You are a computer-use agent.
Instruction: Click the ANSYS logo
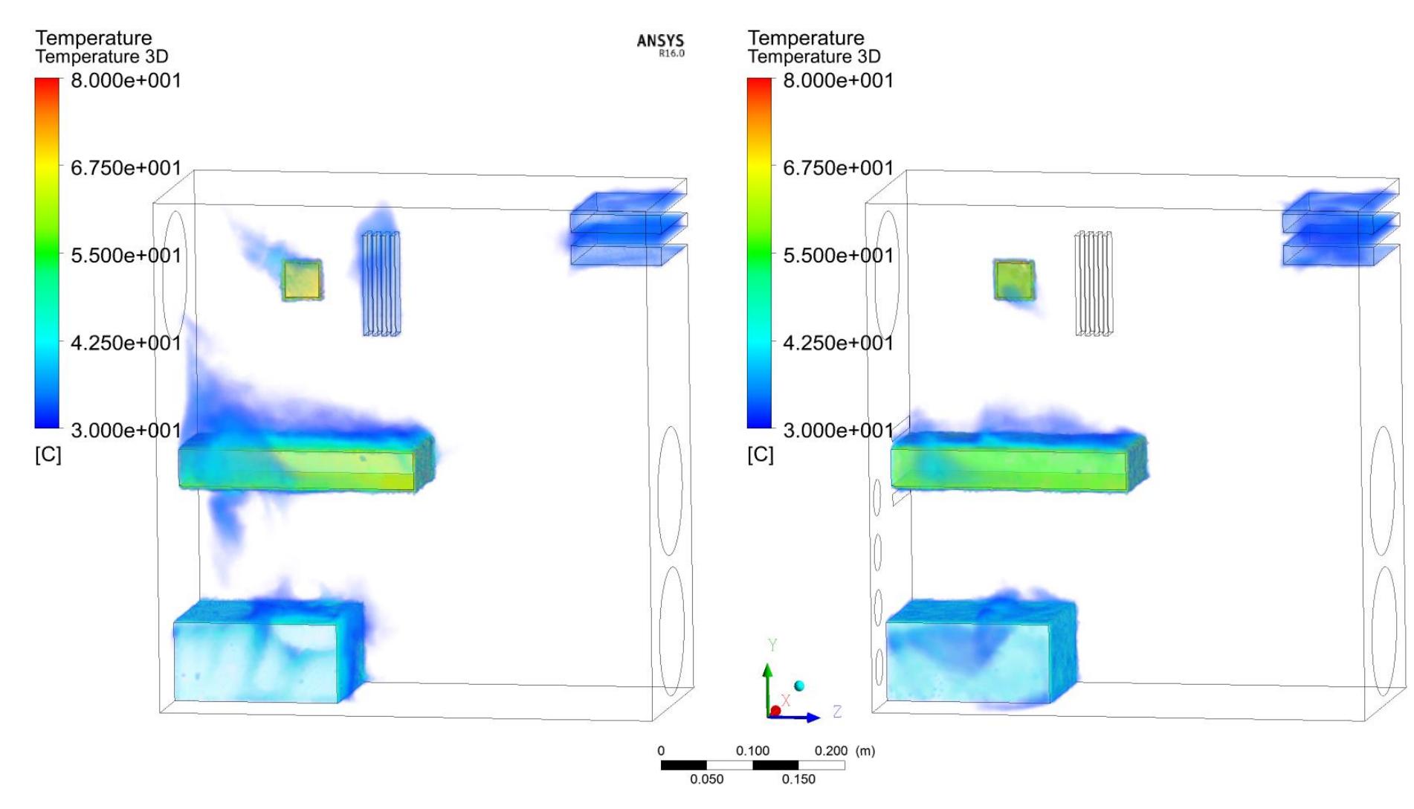(660, 44)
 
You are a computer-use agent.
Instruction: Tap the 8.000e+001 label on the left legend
(126, 80)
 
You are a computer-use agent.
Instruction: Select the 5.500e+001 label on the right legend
(838, 255)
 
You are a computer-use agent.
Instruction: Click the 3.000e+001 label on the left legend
(126, 430)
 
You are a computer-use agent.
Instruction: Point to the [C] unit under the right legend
(761, 454)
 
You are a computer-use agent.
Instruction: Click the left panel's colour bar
(47, 253)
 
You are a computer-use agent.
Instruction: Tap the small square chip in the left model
(302, 280)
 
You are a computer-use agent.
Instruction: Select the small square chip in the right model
(1014, 280)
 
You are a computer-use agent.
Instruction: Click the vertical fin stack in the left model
(381, 283)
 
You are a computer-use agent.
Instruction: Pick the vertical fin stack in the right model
(1094, 283)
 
